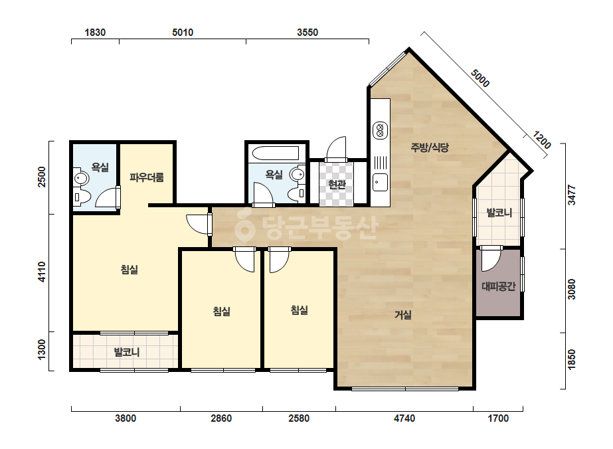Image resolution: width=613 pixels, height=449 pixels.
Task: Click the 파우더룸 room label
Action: click(x=147, y=177)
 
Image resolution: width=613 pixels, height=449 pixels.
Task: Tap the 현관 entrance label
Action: click(x=337, y=184)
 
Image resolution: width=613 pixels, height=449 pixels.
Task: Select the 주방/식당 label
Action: click(x=430, y=147)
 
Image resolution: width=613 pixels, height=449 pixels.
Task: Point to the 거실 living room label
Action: click(x=403, y=314)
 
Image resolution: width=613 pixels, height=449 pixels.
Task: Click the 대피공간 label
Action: click(x=499, y=286)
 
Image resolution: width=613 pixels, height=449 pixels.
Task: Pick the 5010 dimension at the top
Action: click(x=183, y=32)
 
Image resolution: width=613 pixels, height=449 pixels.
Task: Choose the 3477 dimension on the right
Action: click(x=572, y=195)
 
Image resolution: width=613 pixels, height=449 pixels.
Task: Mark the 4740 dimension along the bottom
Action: click(x=404, y=418)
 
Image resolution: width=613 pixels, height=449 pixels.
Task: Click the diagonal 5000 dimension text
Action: click(x=480, y=78)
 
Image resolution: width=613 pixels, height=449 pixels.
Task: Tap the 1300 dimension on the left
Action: click(x=41, y=349)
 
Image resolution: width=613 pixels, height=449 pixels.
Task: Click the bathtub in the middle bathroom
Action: click(x=276, y=153)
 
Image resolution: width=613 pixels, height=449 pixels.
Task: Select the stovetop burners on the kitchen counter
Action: click(x=380, y=131)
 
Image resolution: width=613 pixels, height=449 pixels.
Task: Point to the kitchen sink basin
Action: click(x=380, y=182)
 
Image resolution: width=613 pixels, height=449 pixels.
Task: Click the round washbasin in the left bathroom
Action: click(x=81, y=179)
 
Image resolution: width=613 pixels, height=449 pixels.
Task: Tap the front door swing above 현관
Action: click(x=337, y=149)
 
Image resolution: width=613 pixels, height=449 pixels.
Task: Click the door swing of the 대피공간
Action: click(x=491, y=259)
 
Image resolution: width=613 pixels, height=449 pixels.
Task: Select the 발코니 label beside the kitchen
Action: click(x=499, y=213)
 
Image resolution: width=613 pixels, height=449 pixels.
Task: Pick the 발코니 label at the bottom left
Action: click(x=127, y=352)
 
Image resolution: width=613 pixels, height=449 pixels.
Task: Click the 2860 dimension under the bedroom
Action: click(x=221, y=418)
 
